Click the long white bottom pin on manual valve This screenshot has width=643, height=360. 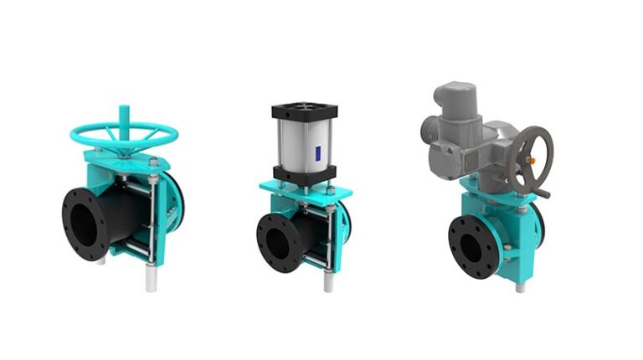pos(151,276)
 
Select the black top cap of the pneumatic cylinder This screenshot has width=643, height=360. pos(304,110)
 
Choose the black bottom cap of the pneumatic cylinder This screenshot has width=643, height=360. pos(304,174)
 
